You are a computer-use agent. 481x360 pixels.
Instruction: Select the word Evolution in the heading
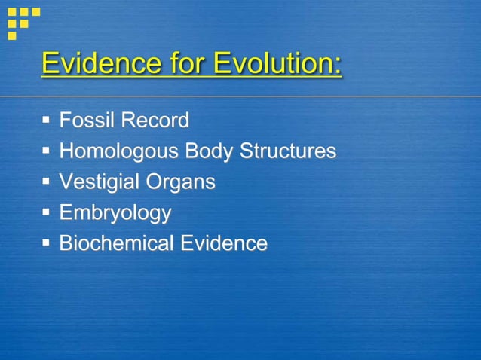[x=273, y=63]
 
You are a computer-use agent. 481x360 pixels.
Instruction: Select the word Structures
[x=288, y=151]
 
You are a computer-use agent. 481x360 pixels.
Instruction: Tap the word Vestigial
[x=100, y=182]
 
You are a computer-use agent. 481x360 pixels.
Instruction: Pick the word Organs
[x=181, y=182]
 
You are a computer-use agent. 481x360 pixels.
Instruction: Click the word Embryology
[x=115, y=213]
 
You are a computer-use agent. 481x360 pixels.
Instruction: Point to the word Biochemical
[x=116, y=243]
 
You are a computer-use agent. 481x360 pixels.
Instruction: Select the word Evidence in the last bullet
[x=223, y=243]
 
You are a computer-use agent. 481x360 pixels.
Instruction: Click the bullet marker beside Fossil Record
[x=47, y=120]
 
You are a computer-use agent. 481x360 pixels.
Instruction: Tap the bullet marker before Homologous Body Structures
[x=47, y=151]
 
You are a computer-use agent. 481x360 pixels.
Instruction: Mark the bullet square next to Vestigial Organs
[x=47, y=182]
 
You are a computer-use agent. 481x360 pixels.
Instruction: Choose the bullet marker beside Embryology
[x=47, y=212]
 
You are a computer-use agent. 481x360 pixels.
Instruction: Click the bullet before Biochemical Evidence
[x=47, y=243]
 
